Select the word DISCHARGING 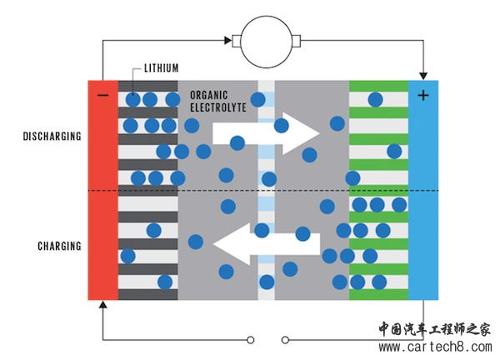(x=52, y=136)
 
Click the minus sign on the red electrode (x=102, y=95)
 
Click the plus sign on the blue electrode (x=423, y=95)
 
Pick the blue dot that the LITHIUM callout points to (x=132, y=99)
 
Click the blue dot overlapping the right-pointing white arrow (x=281, y=126)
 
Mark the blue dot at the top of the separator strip (x=258, y=100)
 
